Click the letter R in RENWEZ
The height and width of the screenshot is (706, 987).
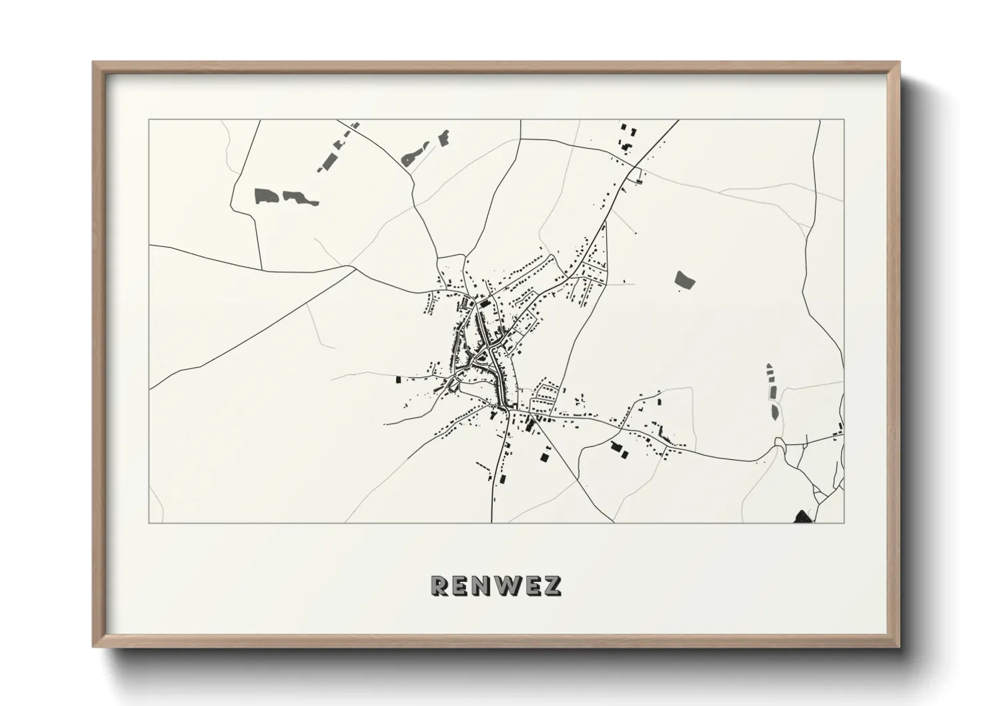[x=440, y=585]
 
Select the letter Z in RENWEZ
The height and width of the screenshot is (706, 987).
[x=553, y=585]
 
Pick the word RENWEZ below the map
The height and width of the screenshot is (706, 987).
[x=496, y=585]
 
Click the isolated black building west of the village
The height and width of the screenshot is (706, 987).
[x=399, y=379]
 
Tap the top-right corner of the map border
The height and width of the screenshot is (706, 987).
[x=844, y=120]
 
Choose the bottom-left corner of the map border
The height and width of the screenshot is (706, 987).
[x=149, y=522]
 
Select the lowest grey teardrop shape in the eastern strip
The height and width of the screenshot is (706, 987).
[x=774, y=411]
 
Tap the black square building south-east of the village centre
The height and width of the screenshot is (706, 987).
[x=546, y=457]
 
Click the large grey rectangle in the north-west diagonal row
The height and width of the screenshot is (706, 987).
[x=328, y=160]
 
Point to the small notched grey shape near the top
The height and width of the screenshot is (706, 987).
[x=443, y=137]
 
